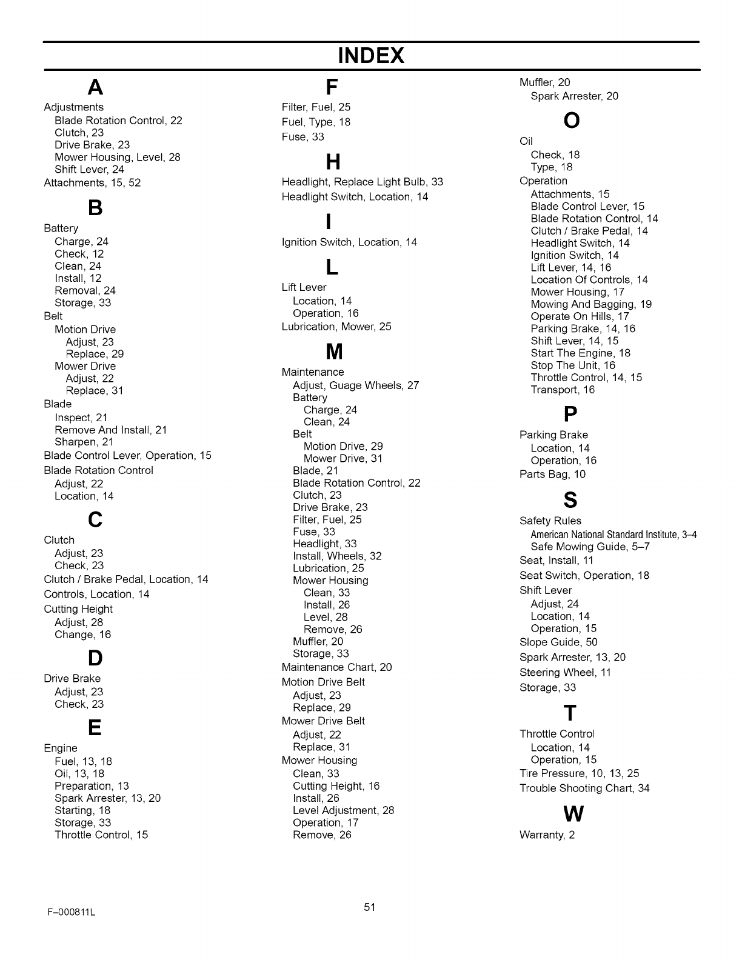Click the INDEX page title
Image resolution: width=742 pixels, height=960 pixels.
371,56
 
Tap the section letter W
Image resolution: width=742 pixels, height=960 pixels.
573,814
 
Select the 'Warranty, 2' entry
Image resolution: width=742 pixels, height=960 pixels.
547,835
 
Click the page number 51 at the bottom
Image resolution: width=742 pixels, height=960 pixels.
370,907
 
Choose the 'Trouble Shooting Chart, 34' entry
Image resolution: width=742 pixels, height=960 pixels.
584,788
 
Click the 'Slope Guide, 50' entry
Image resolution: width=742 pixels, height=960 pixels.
558,642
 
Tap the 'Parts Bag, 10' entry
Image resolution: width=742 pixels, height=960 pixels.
552,474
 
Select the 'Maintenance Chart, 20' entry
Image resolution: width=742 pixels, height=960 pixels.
336,667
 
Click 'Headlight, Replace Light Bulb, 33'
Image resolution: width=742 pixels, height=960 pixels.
362,181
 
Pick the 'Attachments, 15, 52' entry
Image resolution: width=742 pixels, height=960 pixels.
92,182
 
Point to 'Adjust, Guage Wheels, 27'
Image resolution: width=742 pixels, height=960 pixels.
356,385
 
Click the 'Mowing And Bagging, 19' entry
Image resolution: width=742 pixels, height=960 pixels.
591,304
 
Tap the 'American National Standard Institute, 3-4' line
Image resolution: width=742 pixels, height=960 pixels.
613,534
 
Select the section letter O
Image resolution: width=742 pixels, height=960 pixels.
572,121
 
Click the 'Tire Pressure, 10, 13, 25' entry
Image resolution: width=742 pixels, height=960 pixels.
579,773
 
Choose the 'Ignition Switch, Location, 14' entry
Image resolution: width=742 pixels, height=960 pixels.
349,242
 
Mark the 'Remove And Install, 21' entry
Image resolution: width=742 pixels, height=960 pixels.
110,430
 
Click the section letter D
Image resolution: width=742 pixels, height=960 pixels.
95,658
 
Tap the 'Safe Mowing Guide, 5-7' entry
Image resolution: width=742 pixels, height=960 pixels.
590,546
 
